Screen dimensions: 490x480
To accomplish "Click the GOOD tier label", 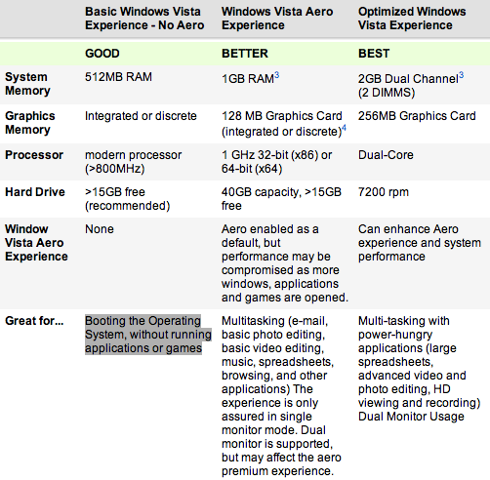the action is pos(102,54).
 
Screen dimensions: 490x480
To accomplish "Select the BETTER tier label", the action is pos(245,54).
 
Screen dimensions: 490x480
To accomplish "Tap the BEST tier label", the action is pos(374,54).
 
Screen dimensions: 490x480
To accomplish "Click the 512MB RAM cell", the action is pos(118,77).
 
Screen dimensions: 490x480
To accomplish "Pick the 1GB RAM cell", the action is pos(250,78).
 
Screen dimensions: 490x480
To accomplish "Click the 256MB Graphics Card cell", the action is pos(417,116).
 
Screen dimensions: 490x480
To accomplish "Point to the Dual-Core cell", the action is pos(386,155).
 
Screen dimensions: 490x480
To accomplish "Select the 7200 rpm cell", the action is pos(384,192).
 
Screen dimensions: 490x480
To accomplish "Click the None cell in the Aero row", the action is pos(100,229).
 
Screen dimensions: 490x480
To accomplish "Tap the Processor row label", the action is pos(34,155).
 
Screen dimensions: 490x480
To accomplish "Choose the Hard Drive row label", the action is pos(35,192).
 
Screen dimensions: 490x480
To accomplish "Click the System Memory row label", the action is pos(27,84).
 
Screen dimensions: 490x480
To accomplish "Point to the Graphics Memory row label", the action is pos(30,123).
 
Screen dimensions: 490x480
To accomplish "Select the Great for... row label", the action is pos(34,321).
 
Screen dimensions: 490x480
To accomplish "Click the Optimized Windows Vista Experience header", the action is pos(412,19).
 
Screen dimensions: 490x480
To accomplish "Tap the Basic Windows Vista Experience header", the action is pos(144,19).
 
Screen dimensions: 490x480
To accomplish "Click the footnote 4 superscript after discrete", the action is pos(344,128).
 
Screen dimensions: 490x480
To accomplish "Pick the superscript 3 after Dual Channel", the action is pos(461,75).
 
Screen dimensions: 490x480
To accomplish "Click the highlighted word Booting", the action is pos(105,321).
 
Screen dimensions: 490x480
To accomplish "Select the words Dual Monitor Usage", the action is pos(411,417).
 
